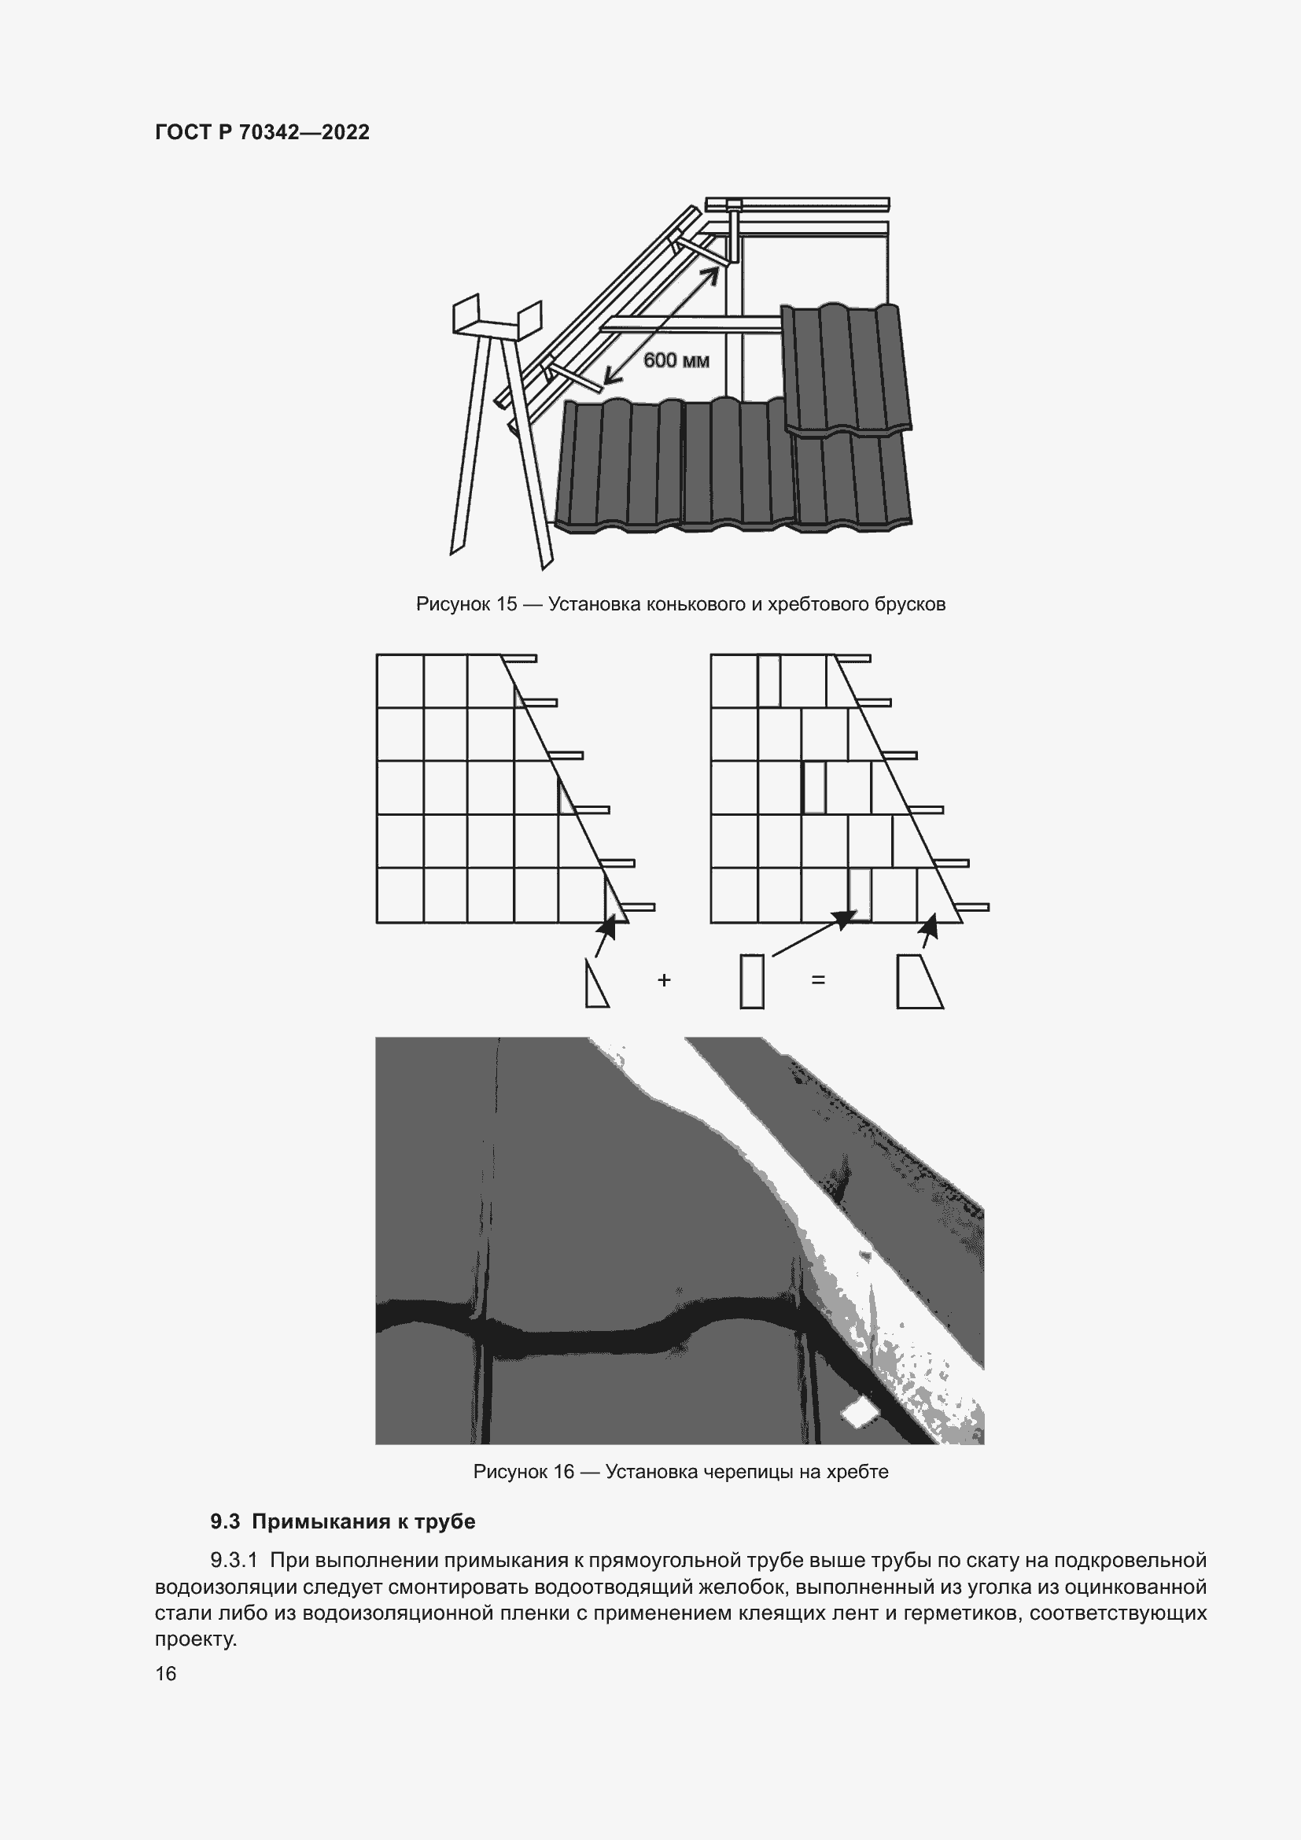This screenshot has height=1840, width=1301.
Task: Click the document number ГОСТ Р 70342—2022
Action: [262, 132]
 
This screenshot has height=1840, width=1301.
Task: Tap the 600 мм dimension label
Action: [676, 360]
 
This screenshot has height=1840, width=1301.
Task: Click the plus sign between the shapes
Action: [663, 979]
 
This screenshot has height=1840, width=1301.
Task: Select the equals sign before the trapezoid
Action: [818, 979]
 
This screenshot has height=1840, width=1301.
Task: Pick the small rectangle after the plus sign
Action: [751, 981]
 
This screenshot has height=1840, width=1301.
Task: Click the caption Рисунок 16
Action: [524, 1471]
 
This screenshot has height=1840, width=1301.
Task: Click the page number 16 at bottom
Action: [166, 1673]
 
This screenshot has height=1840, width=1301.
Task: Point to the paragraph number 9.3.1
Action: [234, 1560]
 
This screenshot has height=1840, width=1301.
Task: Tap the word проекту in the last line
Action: [196, 1639]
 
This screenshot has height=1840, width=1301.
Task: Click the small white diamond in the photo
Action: [857, 1414]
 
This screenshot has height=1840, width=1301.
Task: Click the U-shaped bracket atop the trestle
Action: [496, 319]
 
